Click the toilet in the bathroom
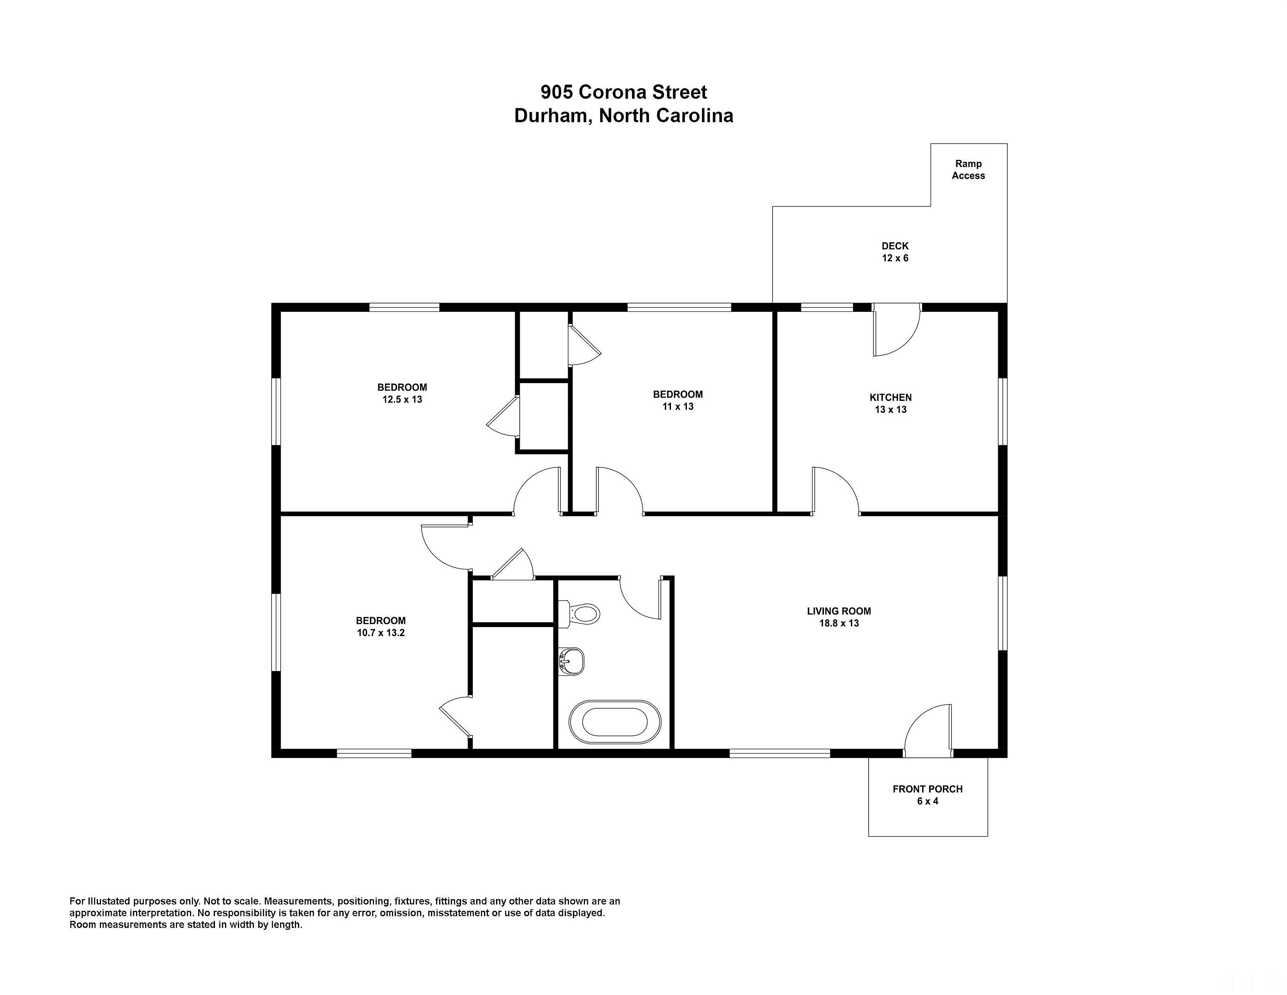(579, 614)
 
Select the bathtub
(615, 722)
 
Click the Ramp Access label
(968, 170)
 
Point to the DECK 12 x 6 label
(895, 252)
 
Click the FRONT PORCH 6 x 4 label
(927, 795)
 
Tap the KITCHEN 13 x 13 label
(890, 403)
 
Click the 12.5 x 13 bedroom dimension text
(402, 399)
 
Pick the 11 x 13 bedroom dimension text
(678, 406)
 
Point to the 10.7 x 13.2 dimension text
(381, 633)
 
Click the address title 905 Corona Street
(624, 92)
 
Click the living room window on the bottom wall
(780, 753)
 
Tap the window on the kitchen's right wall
(1002, 412)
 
